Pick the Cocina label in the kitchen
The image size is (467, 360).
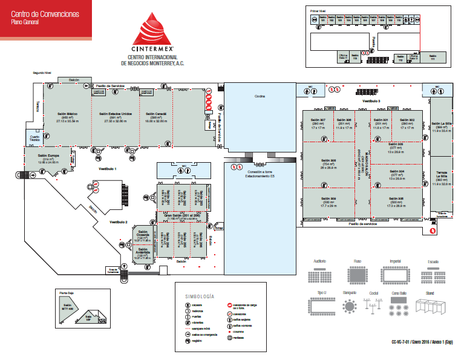click(260, 96)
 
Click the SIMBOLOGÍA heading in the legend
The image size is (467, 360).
click(199, 296)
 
